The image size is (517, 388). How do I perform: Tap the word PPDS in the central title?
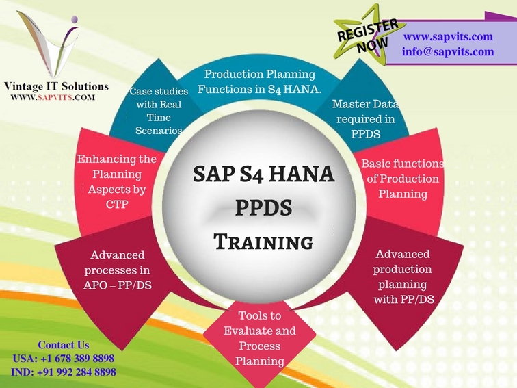point(263,208)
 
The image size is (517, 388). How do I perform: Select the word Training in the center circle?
point(263,242)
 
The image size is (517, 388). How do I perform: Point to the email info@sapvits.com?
point(448,51)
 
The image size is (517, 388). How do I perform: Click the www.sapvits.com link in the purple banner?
point(448,36)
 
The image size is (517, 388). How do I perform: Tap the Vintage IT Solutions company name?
point(56,86)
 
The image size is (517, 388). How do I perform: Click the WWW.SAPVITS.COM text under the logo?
point(53,97)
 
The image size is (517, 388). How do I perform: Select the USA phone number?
point(64,359)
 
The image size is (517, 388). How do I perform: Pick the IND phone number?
point(64,372)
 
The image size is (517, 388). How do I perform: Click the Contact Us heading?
point(64,345)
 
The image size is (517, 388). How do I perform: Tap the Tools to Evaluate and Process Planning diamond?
point(260,338)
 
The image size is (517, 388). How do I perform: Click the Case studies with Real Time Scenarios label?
point(159,111)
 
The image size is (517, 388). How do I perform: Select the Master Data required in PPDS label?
point(366,119)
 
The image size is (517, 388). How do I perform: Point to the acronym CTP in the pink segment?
point(117,205)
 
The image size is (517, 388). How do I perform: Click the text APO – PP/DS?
point(118,285)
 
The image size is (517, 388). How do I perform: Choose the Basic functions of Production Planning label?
point(403,179)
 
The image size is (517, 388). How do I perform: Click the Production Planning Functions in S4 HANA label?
point(259,81)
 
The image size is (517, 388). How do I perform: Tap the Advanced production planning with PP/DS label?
point(403,276)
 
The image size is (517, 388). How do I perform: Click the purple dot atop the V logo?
point(75,18)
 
